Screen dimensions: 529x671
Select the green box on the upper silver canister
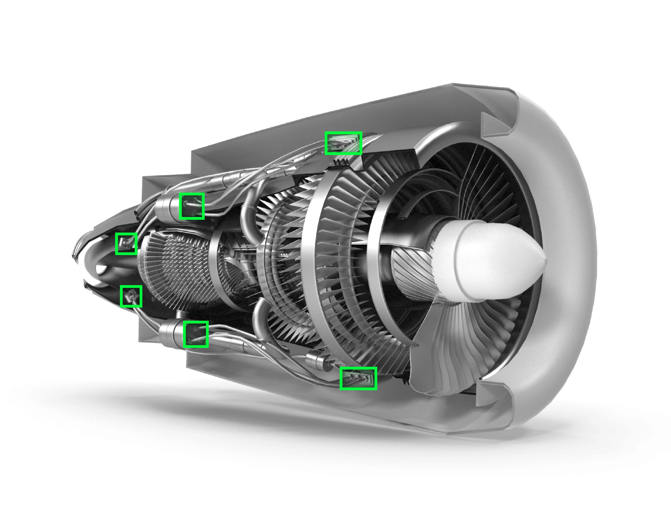pos(192,206)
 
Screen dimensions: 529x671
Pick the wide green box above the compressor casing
pos(343,143)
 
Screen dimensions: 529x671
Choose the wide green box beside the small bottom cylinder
pos(358,378)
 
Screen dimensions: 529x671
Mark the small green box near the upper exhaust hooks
pos(126,244)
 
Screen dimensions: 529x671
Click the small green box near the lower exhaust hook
pos(131,296)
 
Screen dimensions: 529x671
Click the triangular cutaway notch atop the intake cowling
pos(495,124)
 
